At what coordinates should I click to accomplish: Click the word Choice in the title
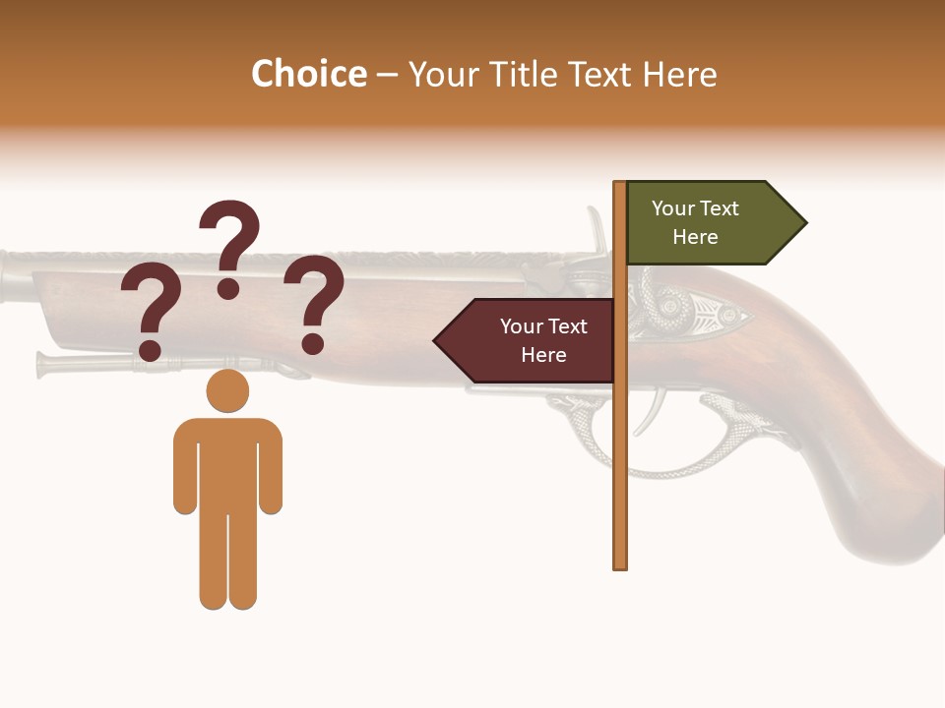pyautogui.click(x=308, y=75)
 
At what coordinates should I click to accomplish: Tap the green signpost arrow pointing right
pyautogui.click(x=715, y=223)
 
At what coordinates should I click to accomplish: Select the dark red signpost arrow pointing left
pyautogui.click(x=527, y=341)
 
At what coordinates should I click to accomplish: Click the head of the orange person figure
pyautogui.click(x=227, y=390)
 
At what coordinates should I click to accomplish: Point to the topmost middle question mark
pyautogui.click(x=229, y=246)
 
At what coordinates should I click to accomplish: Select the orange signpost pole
pyautogui.click(x=620, y=442)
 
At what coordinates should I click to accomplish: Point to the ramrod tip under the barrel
pyautogui.click(x=43, y=364)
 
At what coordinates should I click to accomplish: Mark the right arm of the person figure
pyautogui.click(x=271, y=467)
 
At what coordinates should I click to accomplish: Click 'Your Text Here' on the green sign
pyautogui.click(x=695, y=222)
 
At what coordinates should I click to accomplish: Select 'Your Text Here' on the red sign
pyautogui.click(x=543, y=340)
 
